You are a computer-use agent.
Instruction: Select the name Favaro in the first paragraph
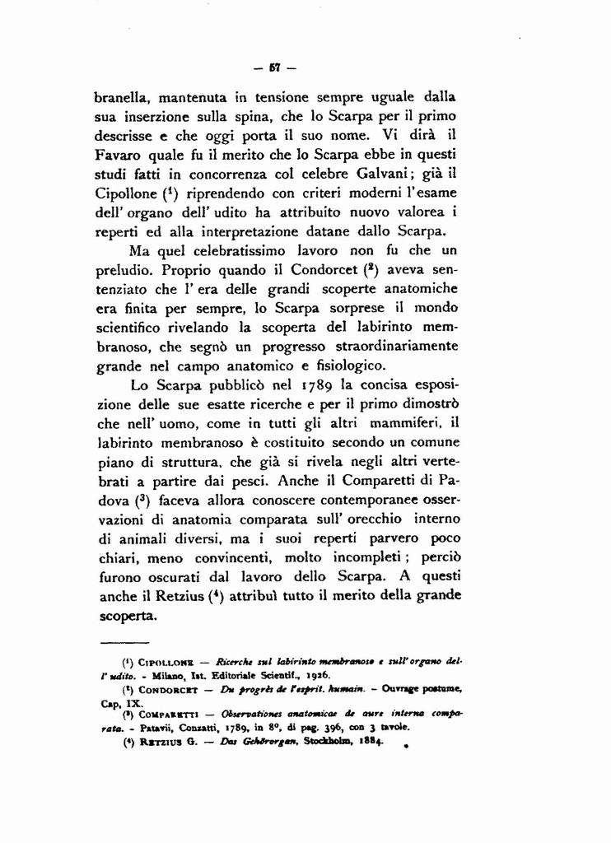(117, 155)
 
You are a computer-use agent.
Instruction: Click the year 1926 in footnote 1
(309, 674)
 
